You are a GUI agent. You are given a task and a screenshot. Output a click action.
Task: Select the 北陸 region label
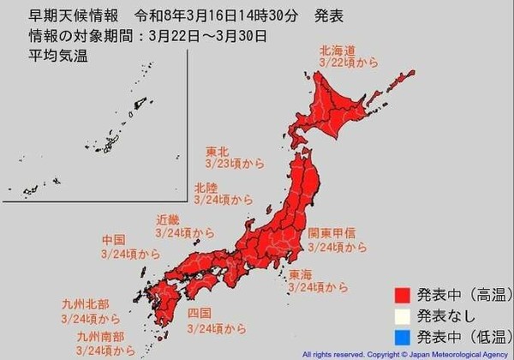[x=206, y=186]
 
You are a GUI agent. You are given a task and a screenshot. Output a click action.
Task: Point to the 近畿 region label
[x=168, y=219]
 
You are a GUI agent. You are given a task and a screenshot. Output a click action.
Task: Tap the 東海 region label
[x=301, y=274]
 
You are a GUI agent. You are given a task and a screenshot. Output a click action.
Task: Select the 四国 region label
[x=199, y=313]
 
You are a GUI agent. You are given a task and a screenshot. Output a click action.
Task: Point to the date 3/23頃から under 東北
[x=230, y=161]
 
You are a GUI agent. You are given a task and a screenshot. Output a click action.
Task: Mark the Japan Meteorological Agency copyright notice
[x=404, y=353]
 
